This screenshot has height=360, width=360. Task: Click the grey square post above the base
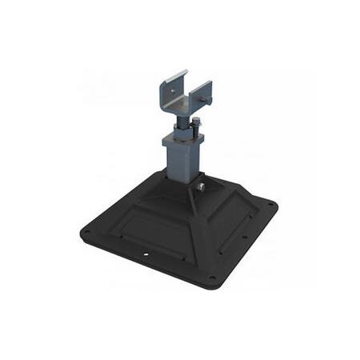[183, 164]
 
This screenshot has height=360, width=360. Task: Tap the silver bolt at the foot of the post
[201, 188]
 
